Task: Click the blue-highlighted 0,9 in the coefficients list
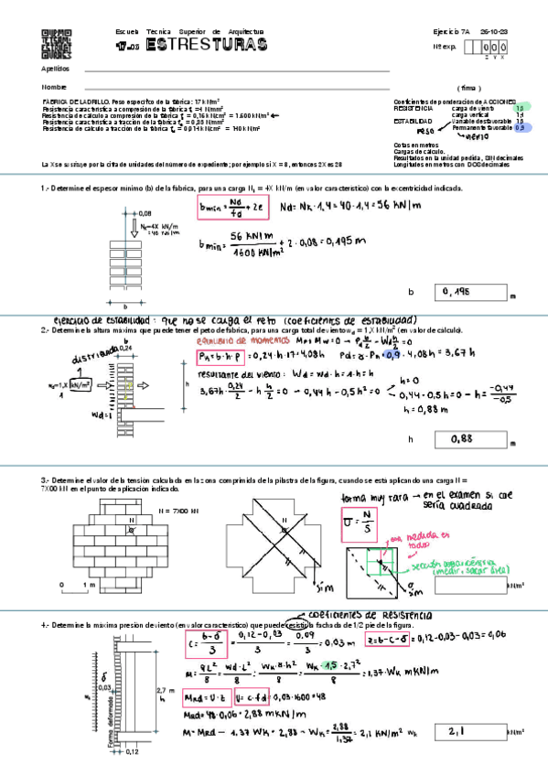(x=521, y=129)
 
